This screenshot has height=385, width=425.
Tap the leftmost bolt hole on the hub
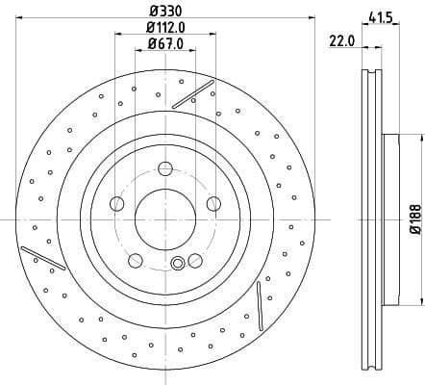116,203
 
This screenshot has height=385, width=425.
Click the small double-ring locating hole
177,265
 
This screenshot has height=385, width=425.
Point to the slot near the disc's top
192,93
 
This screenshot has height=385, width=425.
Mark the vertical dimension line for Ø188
405,219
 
